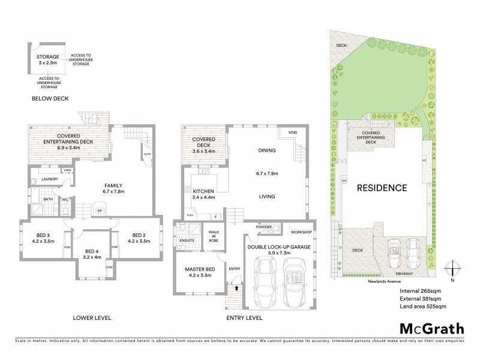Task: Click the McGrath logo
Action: pos(431,328)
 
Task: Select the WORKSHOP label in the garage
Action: pos(301,232)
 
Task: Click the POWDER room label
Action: pos(265,227)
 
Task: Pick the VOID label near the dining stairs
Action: pos(293,133)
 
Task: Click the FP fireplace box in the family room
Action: pos(100,211)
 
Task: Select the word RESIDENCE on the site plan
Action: pos(383,187)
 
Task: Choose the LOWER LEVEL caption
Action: pos(91,317)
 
